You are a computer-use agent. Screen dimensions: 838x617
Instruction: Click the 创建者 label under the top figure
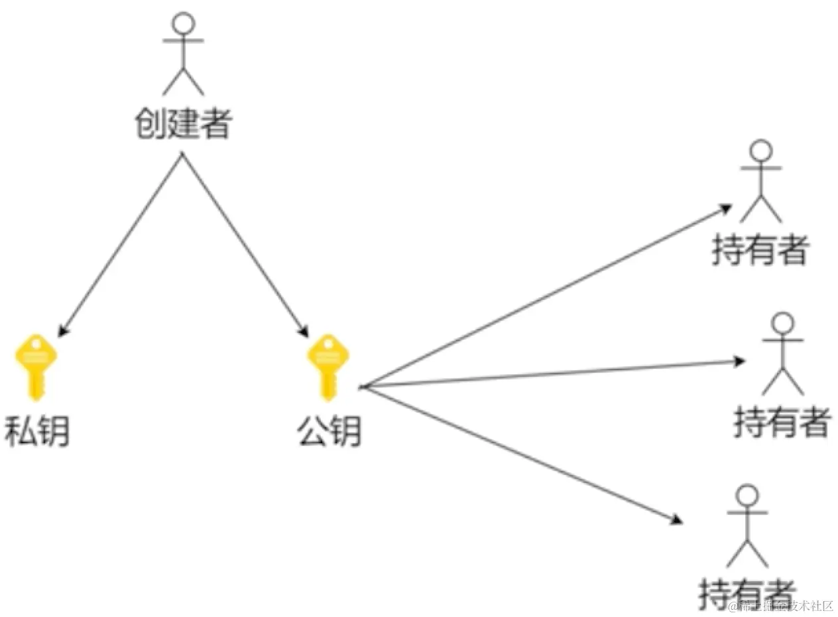coord(182,124)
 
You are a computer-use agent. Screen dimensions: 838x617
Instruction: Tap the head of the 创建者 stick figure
coord(183,24)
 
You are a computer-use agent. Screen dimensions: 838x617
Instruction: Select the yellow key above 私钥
coord(36,366)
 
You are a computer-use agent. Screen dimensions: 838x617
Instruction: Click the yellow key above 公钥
coord(327,366)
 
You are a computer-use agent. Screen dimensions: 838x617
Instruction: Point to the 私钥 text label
coord(37,433)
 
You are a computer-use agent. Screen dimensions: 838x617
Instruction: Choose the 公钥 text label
coord(329,433)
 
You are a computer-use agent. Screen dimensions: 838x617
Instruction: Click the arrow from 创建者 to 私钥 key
coord(121,244)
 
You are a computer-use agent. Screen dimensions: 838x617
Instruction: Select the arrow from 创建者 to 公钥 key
coord(244,244)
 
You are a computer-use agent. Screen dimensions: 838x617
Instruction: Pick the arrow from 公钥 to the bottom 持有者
coord(524,454)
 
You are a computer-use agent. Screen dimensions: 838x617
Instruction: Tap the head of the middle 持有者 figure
coord(783,323)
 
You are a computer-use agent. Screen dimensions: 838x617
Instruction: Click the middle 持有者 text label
coord(782,422)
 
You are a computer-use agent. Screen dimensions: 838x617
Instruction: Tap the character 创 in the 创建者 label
coord(150,124)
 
